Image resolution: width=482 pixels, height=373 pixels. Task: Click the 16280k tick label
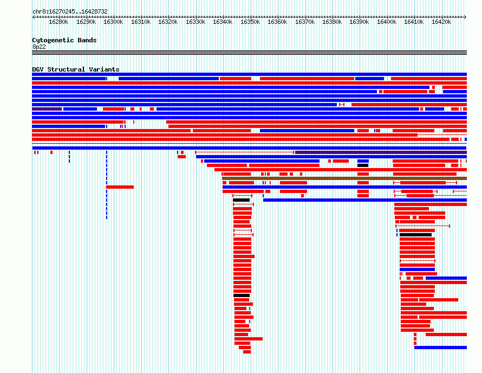click(x=58, y=22)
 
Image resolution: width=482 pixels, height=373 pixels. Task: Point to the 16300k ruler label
click(x=113, y=22)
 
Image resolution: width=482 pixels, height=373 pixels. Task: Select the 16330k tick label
click(x=196, y=22)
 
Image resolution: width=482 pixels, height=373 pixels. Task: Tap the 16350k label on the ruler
click(x=250, y=22)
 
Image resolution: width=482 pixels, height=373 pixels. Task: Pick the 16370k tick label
click(x=305, y=22)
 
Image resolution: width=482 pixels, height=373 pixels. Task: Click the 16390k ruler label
click(x=359, y=22)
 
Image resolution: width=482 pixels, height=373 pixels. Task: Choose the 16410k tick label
click(x=414, y=22)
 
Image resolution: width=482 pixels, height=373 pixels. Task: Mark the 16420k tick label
click(x=441, y=22)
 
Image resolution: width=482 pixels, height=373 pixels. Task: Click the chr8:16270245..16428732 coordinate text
click(x=70, y=12)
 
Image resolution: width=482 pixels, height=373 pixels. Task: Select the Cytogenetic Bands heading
click(x=64, y=40)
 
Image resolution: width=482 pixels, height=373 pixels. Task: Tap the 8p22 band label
click(x=39, y=47)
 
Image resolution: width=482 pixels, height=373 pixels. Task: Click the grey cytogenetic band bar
click(x=249, y=53)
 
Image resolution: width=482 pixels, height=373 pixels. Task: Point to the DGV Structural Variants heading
click(x=76, y=69)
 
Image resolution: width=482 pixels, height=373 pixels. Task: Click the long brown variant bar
click(x=344, y=178)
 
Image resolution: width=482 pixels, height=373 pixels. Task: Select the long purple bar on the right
click(x=381, y=152)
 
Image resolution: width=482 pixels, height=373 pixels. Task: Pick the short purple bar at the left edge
click(x=47, y=109)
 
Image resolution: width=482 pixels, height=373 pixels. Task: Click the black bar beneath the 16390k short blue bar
click(x=363, y=165)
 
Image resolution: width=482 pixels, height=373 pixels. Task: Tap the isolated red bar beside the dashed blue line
click(x=120, y=187)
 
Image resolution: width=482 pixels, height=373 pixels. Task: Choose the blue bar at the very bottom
click(x=440, y=348)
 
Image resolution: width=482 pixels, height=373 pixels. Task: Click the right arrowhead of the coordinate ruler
click(x=466, y=17)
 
